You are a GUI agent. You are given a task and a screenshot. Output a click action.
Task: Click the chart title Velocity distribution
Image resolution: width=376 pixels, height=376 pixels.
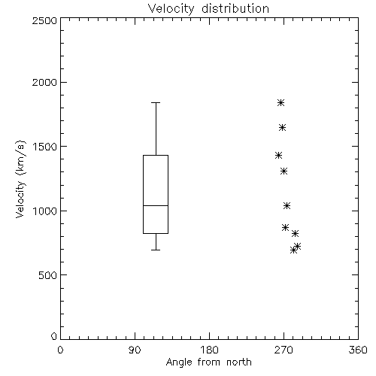click(x=208, y=9)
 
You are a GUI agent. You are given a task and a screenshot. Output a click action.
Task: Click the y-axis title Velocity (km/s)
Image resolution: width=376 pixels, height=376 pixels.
click(x=20, y=179)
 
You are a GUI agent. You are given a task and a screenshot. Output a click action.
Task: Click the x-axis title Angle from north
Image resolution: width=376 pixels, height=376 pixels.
click(x=208, y=362)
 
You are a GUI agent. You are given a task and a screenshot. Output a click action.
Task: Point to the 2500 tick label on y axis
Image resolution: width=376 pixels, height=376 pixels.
click(x=44, y=20)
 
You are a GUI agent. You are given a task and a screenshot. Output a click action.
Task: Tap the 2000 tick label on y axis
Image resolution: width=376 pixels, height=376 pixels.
click(x=44, y=82)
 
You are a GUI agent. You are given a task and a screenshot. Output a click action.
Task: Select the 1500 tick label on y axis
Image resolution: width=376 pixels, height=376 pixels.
click(x=45, y=147)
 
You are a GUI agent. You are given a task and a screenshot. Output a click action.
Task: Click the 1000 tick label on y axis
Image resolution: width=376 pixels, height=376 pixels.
click(x=45, y=211)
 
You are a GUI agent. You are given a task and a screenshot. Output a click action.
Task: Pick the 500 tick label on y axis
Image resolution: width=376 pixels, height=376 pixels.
click(x=48, y=275)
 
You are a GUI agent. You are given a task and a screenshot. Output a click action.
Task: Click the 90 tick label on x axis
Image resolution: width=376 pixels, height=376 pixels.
click(x=135, y=350)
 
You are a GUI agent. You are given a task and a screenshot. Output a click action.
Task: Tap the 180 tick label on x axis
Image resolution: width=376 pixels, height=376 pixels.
click(x=209, y=350)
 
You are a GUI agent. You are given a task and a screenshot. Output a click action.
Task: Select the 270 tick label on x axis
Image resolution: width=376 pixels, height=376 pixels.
click(x=284, y=350)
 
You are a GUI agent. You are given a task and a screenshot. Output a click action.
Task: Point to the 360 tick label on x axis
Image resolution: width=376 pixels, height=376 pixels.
click(x=358, y=350)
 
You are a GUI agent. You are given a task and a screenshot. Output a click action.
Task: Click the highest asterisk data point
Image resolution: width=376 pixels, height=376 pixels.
click(x=280, y=102)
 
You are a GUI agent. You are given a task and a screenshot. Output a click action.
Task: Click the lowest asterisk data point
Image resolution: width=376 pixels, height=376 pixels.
click(x=293, y=250)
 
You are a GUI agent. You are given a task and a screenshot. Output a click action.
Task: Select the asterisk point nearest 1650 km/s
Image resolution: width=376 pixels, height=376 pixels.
click(x=282, y=128)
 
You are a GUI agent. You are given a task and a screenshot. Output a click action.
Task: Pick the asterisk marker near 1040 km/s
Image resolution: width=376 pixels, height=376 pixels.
click(x=287, y=206)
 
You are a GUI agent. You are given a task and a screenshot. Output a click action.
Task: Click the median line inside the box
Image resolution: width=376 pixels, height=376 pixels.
click(x=156, y=205)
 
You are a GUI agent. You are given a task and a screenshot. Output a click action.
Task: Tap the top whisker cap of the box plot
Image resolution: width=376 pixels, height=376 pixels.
click(x=156, y=102)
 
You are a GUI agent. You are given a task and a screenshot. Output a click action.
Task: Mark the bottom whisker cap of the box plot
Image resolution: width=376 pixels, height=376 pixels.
click(x=156, y=250)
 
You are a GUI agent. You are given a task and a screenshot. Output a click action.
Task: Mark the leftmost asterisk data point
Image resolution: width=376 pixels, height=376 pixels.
click(x=278, y=156)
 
